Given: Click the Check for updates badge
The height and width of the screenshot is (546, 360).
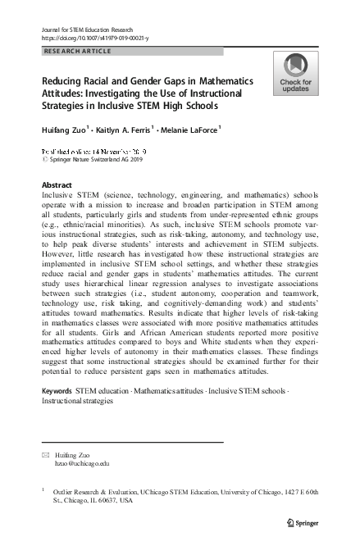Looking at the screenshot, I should click(x=295, y=75).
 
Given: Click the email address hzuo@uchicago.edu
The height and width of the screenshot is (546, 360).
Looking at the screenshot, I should click(x=81, y=463).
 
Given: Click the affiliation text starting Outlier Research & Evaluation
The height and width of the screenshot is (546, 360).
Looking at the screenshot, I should click(x=180, y=490).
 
